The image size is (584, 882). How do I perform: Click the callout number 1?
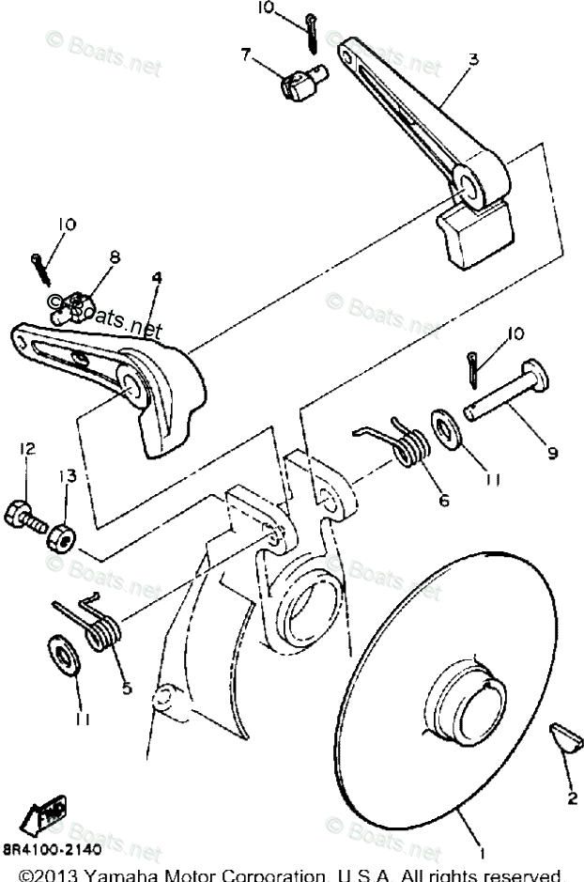(x=481, y=854)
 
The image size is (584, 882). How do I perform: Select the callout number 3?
(x=473, y=58)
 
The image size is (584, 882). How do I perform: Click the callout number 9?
(x=552, y=452)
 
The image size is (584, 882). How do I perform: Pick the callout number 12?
(x=27, y=450)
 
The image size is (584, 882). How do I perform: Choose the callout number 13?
(x=64, y=476)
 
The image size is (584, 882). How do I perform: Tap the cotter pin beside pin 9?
(x=474, y=367)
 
